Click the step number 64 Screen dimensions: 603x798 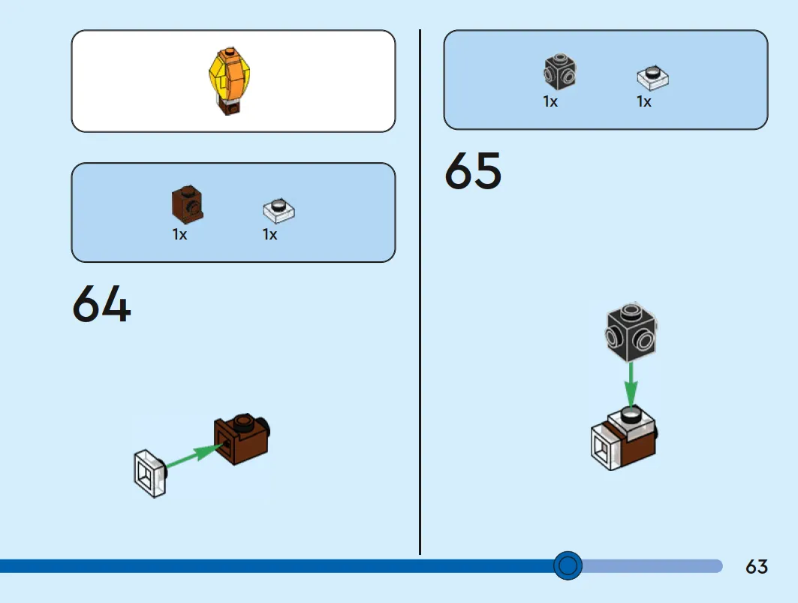coord(101,304)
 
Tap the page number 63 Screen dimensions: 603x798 coord(757,566)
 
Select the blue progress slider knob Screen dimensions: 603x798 coord(568,565)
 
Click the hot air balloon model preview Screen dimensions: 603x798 coord(228,80)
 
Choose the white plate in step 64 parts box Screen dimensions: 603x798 coord(279,210)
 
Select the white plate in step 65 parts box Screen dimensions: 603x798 coord(652,77)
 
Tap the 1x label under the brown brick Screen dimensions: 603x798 coord(179,234)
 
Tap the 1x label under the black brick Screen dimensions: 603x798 coord(551,101)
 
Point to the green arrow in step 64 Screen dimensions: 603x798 coord(192,456)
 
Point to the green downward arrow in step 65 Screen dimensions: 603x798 coord(631,384)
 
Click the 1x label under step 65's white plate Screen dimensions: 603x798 coord(644,101)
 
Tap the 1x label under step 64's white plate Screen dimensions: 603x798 coord(270,234)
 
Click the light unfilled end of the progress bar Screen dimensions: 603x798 coord(653,565)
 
